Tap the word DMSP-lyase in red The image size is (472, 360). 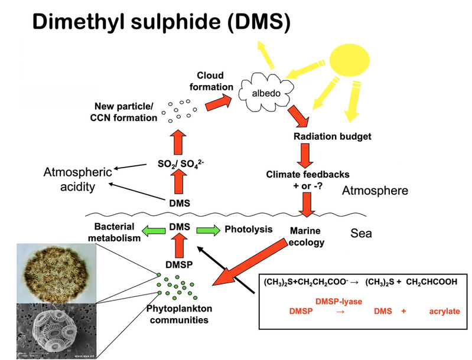click(x=338, y=301)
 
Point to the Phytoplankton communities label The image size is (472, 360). click(x=178, y=315)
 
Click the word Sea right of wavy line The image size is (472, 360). click(x=360, y=233)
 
